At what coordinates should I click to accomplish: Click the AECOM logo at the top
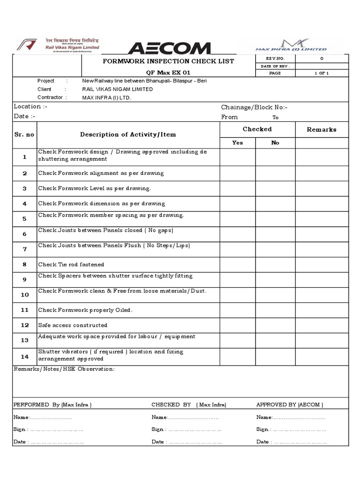[169, 48]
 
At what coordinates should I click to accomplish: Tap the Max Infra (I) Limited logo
[291, 45]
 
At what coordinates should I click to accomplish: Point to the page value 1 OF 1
[322, 73]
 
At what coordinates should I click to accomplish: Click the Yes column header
[238, 142]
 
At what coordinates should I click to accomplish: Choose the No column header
[275, 142]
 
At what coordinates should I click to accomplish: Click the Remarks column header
[321, 129]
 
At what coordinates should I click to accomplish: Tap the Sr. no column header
[24, 135]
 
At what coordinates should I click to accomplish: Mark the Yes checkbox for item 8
[238, 264]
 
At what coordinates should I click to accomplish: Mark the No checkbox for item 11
[275, 310]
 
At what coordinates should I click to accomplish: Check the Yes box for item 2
[238, 173]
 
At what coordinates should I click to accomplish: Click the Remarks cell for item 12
[322, 325]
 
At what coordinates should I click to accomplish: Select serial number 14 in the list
[25, 356]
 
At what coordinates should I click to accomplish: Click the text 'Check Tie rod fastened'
[71, 264]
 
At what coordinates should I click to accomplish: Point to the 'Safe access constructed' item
[73, 325]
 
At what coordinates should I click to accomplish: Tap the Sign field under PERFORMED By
[56, 429]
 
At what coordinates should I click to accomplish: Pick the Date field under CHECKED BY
[195, 442]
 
